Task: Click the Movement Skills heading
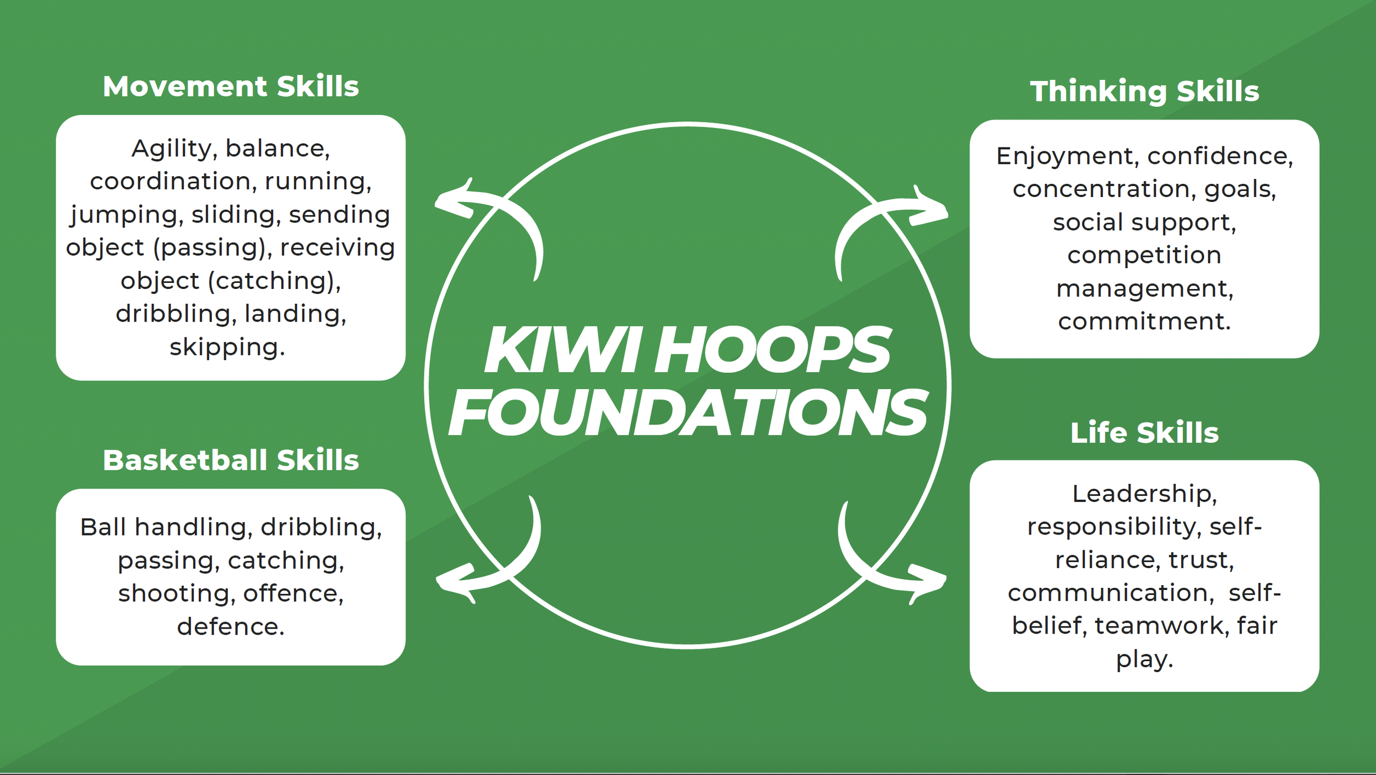(x=231, y=87)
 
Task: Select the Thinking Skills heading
(x=1144, y=91)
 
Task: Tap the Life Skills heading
(x=1144, y=433)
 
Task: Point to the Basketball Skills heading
(x=231, y=460)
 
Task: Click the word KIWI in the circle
(x=562, y=350)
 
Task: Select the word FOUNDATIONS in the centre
(x=688, y=413)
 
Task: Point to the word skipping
(x=227, y=348)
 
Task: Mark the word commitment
(x=1144, y=321)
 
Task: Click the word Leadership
(x=1144, y=494)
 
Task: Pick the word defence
(x=231, y=626)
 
